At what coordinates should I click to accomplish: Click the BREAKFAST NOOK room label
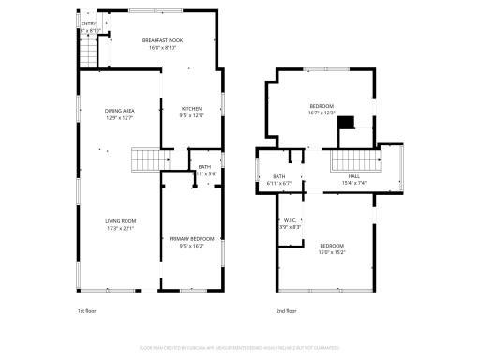click(163, 40)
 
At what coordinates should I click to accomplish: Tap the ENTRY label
click(88, 23)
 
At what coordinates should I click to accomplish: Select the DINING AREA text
click(119, 111)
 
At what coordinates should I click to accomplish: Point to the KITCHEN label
click(191, 109)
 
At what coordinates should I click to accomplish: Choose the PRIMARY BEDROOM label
click(191, 239)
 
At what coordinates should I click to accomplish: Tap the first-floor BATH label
click(204, 167)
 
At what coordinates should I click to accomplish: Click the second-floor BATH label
click(279, 176)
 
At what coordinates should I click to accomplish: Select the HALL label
click(354, 176)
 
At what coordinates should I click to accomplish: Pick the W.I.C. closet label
click(290, 221)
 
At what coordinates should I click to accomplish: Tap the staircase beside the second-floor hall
click(348, 161)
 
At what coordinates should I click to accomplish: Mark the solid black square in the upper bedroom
click(347, 123)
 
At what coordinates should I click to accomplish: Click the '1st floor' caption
click(86, 310)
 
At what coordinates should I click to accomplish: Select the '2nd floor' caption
click(287, 310)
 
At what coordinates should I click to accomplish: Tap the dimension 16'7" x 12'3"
click(322, 113)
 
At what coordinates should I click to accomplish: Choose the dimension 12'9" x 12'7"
click(119, 117)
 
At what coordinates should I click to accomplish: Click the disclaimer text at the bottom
click(240, 347)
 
